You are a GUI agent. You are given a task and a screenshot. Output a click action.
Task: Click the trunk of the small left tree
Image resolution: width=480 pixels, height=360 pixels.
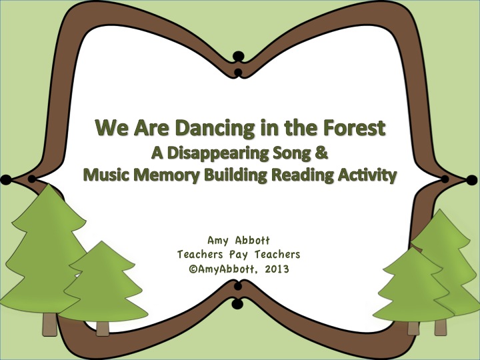(102, 327)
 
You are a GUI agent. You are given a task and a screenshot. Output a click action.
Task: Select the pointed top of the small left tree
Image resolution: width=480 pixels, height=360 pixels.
(101, 244)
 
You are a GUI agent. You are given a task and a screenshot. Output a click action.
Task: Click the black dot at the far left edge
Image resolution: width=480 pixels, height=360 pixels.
(5, 179)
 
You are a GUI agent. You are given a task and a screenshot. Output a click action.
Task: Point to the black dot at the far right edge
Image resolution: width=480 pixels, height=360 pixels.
(474, 179)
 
